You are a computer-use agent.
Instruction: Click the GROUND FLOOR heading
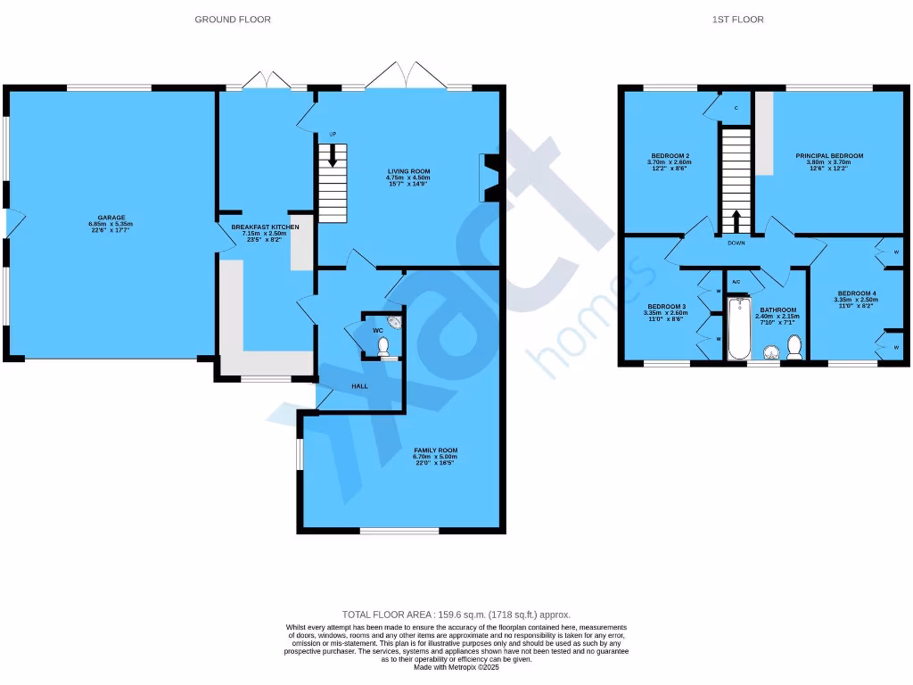[233, 20]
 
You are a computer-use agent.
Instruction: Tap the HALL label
[333, 387]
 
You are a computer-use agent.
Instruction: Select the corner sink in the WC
[395, 326]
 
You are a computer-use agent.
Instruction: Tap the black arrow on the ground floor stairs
[333, 158]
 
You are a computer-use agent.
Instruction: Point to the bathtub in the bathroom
[738, 329]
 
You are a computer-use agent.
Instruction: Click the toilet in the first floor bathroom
[794, 347]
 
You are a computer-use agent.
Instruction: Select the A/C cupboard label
[736, 282]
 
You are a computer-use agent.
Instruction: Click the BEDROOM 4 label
[856, 296]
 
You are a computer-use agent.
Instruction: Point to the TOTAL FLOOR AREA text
[456, 615]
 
